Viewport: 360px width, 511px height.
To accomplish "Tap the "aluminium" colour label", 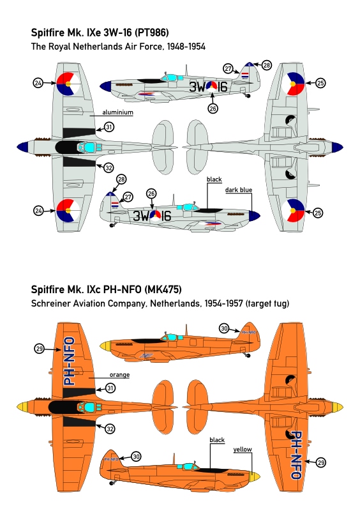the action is (x=117, y=112).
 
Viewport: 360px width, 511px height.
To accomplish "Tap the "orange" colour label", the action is (x=119, y=375).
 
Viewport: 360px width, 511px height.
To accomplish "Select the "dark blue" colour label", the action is (x=239, y=190).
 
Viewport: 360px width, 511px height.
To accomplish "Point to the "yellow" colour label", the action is (x=243, y=450).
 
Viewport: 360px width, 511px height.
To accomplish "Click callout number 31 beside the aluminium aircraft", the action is (x=109, y=126).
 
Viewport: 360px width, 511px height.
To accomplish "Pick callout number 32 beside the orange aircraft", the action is (x=110, y=429).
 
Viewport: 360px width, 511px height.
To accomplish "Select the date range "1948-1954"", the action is (x=186, y=47).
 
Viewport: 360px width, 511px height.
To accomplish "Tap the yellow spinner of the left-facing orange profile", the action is (x=105, y=346).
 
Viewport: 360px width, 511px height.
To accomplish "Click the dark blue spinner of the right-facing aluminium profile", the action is (x=255, y=215).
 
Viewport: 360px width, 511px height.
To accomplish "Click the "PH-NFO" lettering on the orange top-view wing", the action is (x=70, y=362).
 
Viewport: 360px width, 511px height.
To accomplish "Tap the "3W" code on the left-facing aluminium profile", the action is (x=197, y=87).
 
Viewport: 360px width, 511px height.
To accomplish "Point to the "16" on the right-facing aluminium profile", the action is (x=166, y=216).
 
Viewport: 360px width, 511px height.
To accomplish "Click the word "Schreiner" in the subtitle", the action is (x=48, y=304).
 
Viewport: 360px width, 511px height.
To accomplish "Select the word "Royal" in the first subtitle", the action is (x=59, y=47).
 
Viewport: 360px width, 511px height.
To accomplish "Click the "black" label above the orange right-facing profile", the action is (x=217, y=440).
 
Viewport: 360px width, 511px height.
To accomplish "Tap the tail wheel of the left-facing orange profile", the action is (x=248, y=355).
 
